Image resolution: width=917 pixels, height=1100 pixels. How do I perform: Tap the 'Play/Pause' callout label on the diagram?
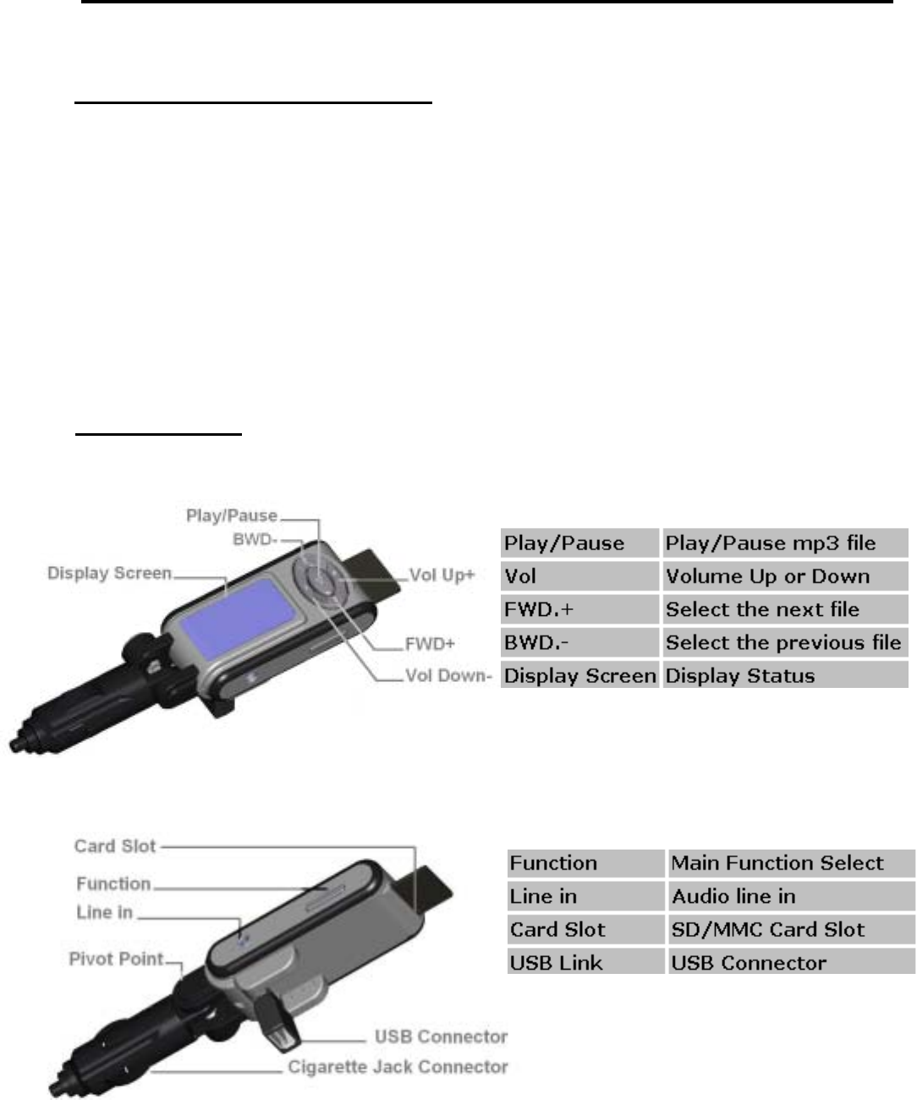click(x=231, y=515)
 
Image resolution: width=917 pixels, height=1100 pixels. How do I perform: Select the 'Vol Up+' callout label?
click(x=442, y=575)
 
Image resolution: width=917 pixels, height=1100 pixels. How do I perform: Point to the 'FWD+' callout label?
click(x=429, y=644)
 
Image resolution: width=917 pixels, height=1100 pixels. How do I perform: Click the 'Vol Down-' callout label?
click(x=448, y=676)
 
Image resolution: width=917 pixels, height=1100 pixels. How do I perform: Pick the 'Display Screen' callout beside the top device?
click(x=109, y=573)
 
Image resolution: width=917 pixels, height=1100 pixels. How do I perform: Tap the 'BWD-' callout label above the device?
click(x=255, y=539)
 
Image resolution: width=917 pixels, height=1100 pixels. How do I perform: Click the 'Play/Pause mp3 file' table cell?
click(x=784, y=543)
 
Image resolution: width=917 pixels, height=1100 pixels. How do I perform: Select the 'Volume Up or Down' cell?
click(x=784, y=576)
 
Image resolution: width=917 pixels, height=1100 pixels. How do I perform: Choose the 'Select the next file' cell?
click(x=784, y=609)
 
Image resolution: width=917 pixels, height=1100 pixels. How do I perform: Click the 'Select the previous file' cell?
click(x=784, y=642)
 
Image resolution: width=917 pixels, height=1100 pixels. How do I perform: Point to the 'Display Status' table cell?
click(x=784, y=675)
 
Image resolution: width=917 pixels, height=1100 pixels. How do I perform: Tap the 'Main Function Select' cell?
click(x=790, y=863)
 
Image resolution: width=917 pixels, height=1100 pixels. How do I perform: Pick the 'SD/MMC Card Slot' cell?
click(x=790, y=930)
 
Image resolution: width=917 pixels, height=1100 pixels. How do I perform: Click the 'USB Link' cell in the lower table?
click(x=585, y=963)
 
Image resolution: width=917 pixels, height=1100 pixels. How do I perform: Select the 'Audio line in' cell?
click(x=790, y=896)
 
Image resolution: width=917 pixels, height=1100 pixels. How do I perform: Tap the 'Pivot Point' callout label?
click(x=116, y=960)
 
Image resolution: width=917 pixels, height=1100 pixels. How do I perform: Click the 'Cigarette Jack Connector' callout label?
click(x=398, y=1067)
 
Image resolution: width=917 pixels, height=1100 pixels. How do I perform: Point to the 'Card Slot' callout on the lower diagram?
click(x=115, y=845)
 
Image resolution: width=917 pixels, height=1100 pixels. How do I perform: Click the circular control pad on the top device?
click(x=321, y=581)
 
